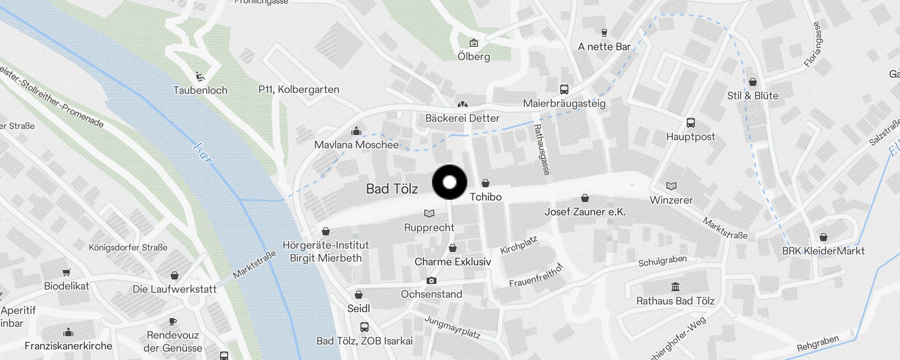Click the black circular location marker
(450, 182)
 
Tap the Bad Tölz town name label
(392, 189)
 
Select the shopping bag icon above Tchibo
(486, 183)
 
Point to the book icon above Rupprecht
(429, 213)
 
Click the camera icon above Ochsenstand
(431, 281)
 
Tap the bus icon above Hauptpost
(690, 122)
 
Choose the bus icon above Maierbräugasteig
(564, 89)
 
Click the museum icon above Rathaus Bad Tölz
(675, 287)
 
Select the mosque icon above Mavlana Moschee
(356, 131)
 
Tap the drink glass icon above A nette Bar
(604, 32)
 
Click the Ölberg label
(474, 57)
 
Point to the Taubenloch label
(200, 90)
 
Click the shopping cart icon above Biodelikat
(67, 272)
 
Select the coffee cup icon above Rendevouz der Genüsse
(173, 321)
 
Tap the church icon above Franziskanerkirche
(68, 332)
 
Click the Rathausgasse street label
(542, 149)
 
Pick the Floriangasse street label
(813, 45)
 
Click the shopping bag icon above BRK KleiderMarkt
(823, 237)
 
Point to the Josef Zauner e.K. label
(585, 211)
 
